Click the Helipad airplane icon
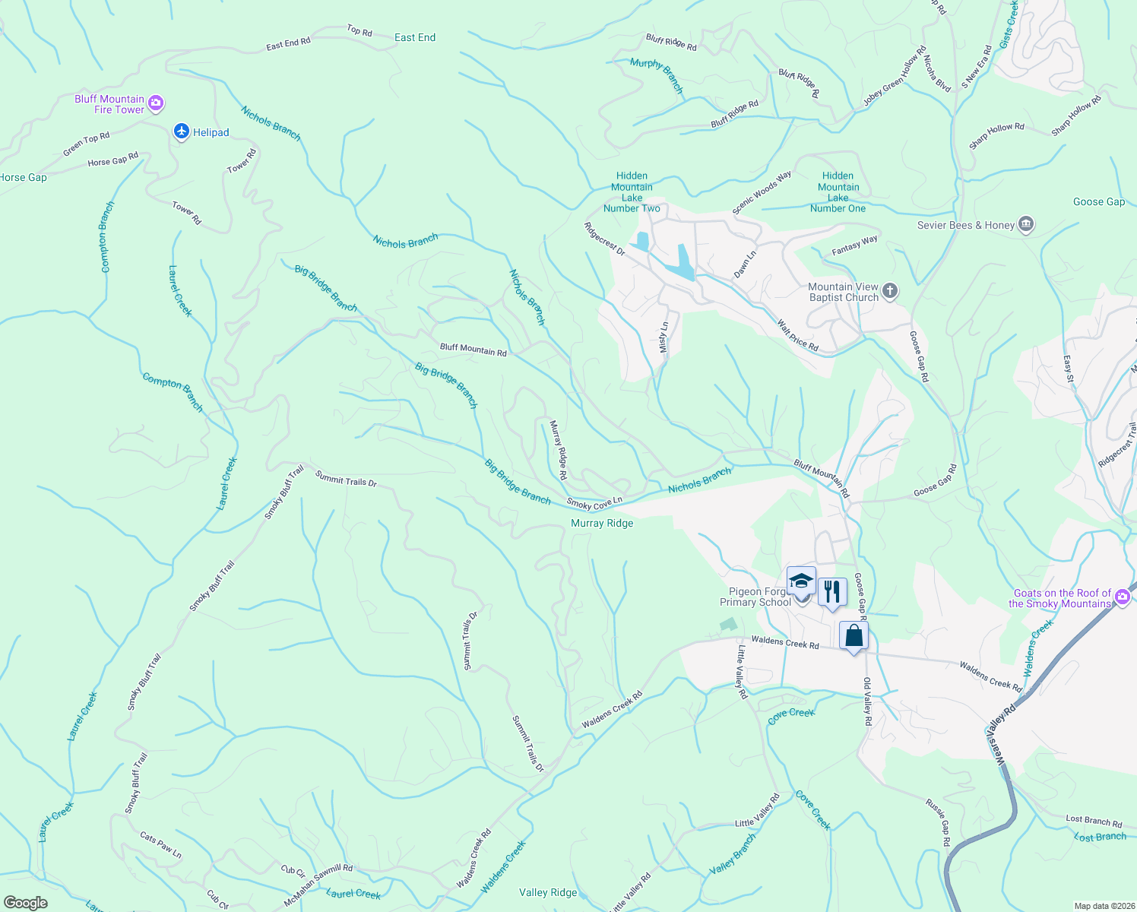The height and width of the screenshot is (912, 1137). click(x=181, y=132)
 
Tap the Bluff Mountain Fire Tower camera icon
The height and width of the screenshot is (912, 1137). click(x=156, y=103)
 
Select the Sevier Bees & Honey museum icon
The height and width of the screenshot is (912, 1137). click(x=1026, y=224)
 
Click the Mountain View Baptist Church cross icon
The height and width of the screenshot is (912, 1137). click(x=890, y=291)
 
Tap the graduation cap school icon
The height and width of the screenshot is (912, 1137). click(x=801, y=582)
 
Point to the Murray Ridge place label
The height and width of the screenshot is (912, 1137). click(x=602, y=523)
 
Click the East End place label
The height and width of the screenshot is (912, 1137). click(x=415, y=37)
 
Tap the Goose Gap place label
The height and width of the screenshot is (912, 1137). click(x=1098, y=201)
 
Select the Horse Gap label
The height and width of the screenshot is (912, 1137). click(x=23, y=177)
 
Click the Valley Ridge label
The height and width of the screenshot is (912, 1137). click(x=548, y=892)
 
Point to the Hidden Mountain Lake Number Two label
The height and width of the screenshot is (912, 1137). click(x=632, y=192)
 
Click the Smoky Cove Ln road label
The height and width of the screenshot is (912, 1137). click(x=594, y=503)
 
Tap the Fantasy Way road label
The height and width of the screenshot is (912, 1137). click(x=854, y=245)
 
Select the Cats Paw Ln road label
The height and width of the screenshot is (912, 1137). click(x=161, y=844)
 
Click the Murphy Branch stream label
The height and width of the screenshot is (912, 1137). click(x=657, y=75)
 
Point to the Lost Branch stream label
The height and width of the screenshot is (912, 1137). click(x=1100, y=837)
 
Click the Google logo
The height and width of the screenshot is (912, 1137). click(x=26, y=902)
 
